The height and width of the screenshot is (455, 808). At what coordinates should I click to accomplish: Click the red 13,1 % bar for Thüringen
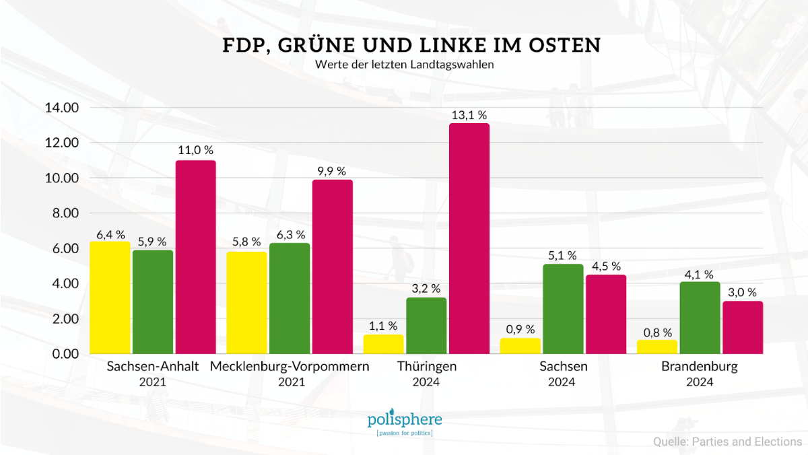(469, 238)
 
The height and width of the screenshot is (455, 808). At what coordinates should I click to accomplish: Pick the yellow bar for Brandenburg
(657, 347)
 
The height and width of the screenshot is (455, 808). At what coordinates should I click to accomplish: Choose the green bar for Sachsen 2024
(563, 308)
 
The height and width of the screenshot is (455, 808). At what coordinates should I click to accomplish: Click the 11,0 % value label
(195, 150)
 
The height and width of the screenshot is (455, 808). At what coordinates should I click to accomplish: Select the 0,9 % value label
(520, 329)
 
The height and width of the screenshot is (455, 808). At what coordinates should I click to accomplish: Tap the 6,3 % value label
(290, 234)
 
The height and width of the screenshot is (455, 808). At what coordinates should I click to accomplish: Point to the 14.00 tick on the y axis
(62, 108)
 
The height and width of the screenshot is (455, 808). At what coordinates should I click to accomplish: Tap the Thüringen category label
(427, 367)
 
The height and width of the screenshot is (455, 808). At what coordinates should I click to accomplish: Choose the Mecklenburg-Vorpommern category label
(290, 367)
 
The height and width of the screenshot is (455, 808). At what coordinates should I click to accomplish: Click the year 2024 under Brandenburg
(700, 382)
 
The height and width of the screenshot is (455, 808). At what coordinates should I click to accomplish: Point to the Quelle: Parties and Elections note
(727, 442)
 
